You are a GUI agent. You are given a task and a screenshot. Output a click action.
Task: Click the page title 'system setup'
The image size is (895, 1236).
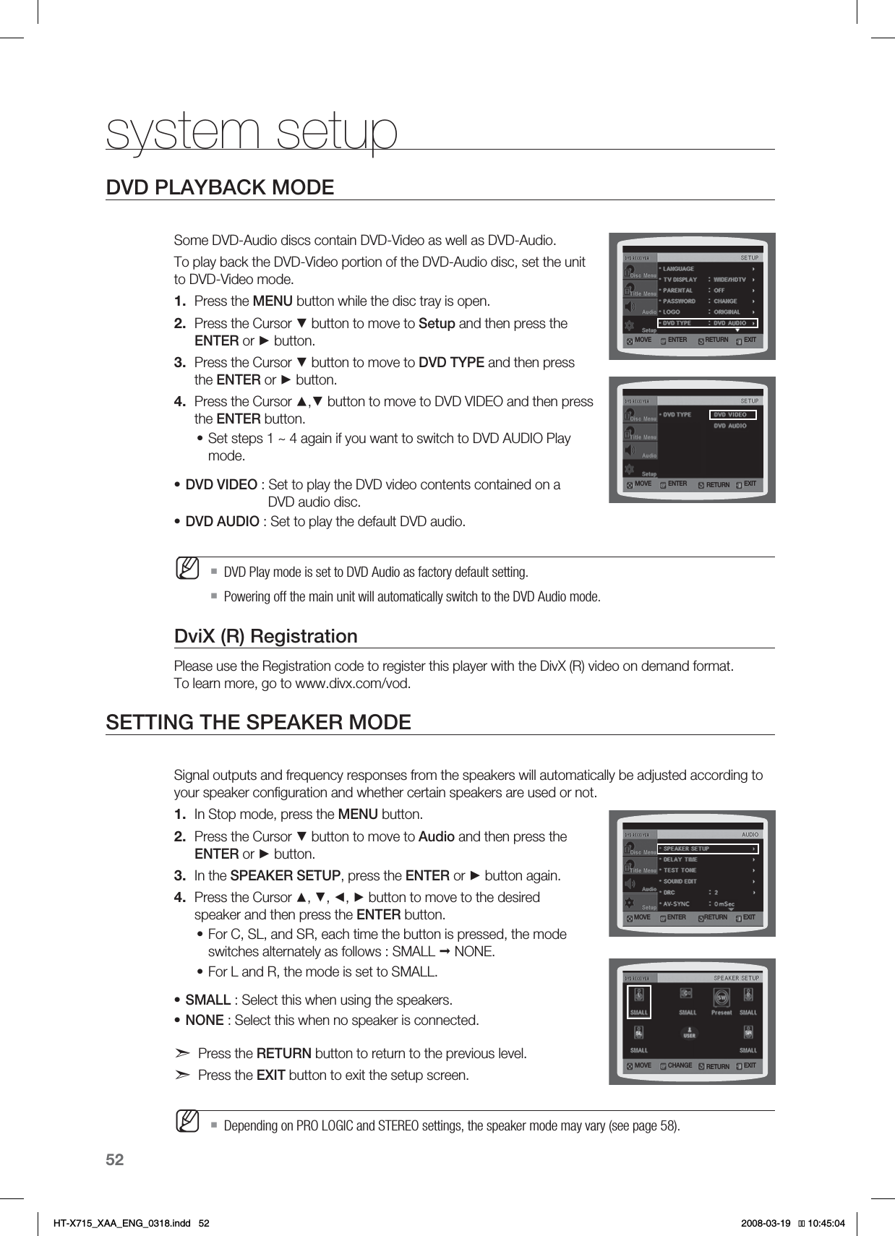(x=252, y=131)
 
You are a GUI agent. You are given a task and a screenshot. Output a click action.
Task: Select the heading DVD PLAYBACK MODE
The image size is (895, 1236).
(x=220, y=188)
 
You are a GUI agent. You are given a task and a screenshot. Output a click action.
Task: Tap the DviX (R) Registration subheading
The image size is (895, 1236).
(x=266, y=636)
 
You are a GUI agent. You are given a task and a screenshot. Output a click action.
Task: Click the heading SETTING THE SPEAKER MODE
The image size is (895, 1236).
(x=258, y=722)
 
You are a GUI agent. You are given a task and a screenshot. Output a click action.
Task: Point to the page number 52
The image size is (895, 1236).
(x=115, y=1160)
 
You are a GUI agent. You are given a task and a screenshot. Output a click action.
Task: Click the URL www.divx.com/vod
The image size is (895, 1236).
(x=353, y=684)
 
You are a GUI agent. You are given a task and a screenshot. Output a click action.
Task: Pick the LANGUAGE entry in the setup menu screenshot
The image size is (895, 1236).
(x=678, y=269)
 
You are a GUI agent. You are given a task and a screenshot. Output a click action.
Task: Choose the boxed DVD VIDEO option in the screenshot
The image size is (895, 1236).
(x=730, y=415)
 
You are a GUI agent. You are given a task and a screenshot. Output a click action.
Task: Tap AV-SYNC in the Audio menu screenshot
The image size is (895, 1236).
(x=676, y=904)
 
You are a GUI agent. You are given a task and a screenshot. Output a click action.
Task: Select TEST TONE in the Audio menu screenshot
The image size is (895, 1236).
(x=680, y=870)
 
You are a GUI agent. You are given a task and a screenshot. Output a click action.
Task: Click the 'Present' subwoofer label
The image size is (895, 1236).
(x=721, y=1013)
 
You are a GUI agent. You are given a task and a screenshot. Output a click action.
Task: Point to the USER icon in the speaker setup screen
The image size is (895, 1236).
(x=690, y=1034)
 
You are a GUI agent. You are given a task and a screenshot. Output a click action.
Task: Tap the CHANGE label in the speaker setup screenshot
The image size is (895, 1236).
(x=680, y=1065)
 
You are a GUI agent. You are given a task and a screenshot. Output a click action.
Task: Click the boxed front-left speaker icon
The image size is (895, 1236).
(x=639, y=1002)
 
